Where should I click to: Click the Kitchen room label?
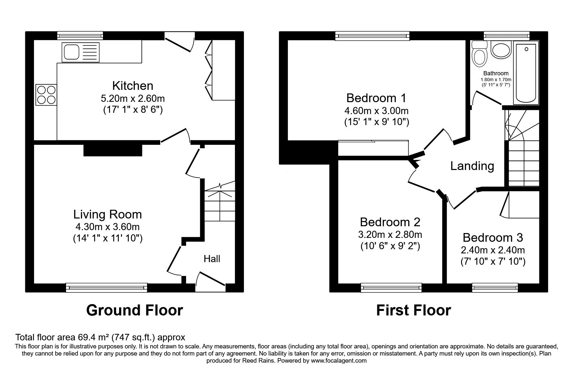coord(133,86)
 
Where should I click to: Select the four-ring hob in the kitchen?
coord(46,95)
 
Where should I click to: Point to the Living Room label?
coord(107,214)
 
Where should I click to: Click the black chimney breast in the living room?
coord(113,150)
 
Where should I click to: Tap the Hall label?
coord(212,259)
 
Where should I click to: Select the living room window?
coord(106,287)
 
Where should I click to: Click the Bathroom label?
coord(496,73)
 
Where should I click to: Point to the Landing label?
coord(472,166)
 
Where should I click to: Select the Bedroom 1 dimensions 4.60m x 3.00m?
coord(376,111)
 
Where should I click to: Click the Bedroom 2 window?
coord(391,287)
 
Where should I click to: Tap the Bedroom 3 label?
coord(493,238)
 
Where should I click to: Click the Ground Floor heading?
coord(135,310)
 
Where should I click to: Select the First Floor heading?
coord(413,310)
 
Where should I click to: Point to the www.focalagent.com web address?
coord(339,360)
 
